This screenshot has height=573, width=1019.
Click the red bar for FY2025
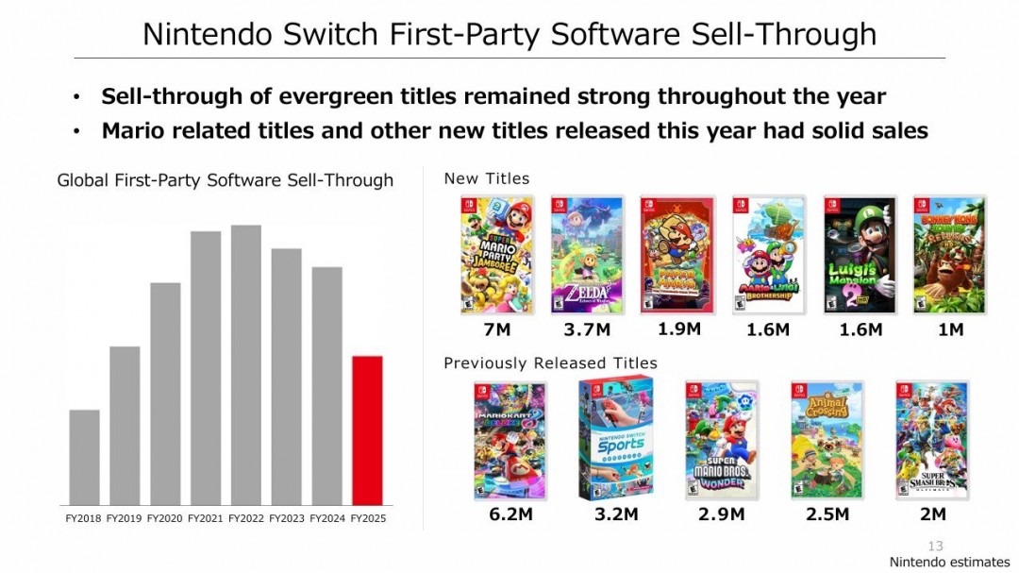[x=367, y=430]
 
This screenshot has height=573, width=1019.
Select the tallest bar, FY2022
[x=246, y=365]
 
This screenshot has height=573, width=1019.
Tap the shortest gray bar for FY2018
[x=85, y=458]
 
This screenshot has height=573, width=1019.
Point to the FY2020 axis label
[x=165, y=518]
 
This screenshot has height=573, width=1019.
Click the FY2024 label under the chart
[x=327, y=518]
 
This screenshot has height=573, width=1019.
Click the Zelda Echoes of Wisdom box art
[x=587, y=255]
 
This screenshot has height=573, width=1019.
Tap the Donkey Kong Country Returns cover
[x=949, y=255]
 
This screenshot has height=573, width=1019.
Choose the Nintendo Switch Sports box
[x=615, y=439]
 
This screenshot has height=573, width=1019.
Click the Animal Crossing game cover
[x=827, y=440]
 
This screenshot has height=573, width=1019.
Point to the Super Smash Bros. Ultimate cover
[x=932, y=440]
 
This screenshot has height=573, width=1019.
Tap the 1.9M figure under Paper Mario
[x=678, y=329]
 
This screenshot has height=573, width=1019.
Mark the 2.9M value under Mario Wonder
[x=722, y=514]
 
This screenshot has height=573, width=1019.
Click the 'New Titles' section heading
[x=487, y=178]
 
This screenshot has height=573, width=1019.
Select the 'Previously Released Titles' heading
[x=550, y=362]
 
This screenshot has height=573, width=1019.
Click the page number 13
[x=935, y=546]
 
